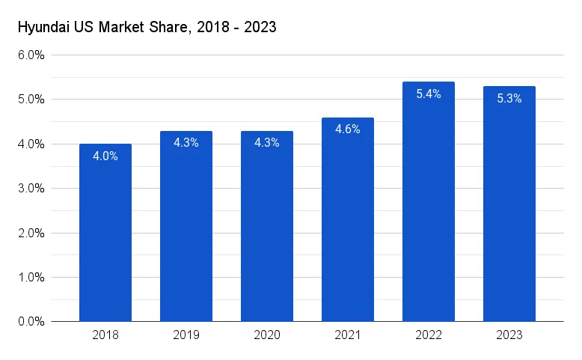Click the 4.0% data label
click(x=105, y=156)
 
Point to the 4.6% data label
click(x=348, y=129)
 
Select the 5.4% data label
click(x=429, y=94)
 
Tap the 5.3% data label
click(x=509, y=99)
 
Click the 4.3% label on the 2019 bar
click(x=186, y=143)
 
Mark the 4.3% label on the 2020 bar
click(x=267, y=143)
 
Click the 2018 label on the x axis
click(x=105, y=335)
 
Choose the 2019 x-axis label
click(x=186, y=335)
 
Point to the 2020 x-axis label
click(x=267, y=335)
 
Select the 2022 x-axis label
click(x=429, y=335)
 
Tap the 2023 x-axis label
click(x=509, y=335)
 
